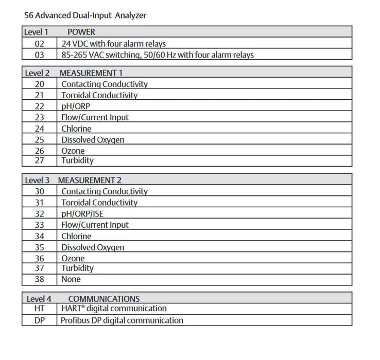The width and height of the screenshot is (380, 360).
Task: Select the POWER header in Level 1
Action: coord(81,32)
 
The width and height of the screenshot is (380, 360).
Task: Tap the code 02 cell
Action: coord(39,43)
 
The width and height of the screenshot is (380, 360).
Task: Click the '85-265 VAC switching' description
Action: coord(158,55)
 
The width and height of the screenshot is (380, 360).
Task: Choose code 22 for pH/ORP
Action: coord(39,106)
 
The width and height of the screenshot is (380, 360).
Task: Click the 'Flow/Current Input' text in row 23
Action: coord(95,117)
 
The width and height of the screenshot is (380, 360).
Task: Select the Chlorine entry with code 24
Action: coord(76,129)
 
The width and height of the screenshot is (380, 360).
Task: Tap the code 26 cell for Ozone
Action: coord(39,151)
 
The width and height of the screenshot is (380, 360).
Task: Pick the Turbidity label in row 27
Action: coord(77,160)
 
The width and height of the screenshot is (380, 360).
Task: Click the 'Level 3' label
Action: coord(38,180)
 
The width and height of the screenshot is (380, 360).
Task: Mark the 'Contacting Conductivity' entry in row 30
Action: coord(105,191)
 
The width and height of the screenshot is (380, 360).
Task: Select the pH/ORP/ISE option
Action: coord(85,213)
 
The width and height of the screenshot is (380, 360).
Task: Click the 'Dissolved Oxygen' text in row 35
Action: coord(93,247)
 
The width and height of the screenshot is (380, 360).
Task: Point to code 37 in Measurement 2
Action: coord(39,268)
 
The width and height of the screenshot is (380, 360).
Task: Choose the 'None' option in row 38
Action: coord(71,279)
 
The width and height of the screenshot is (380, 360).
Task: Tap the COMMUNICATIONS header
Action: coord(103,298)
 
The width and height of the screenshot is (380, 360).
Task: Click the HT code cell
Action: coord(39,308)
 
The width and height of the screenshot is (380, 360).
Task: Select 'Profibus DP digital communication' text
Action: coord(122,320)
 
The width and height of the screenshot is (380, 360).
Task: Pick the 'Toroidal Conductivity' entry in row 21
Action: coord(99,95)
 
